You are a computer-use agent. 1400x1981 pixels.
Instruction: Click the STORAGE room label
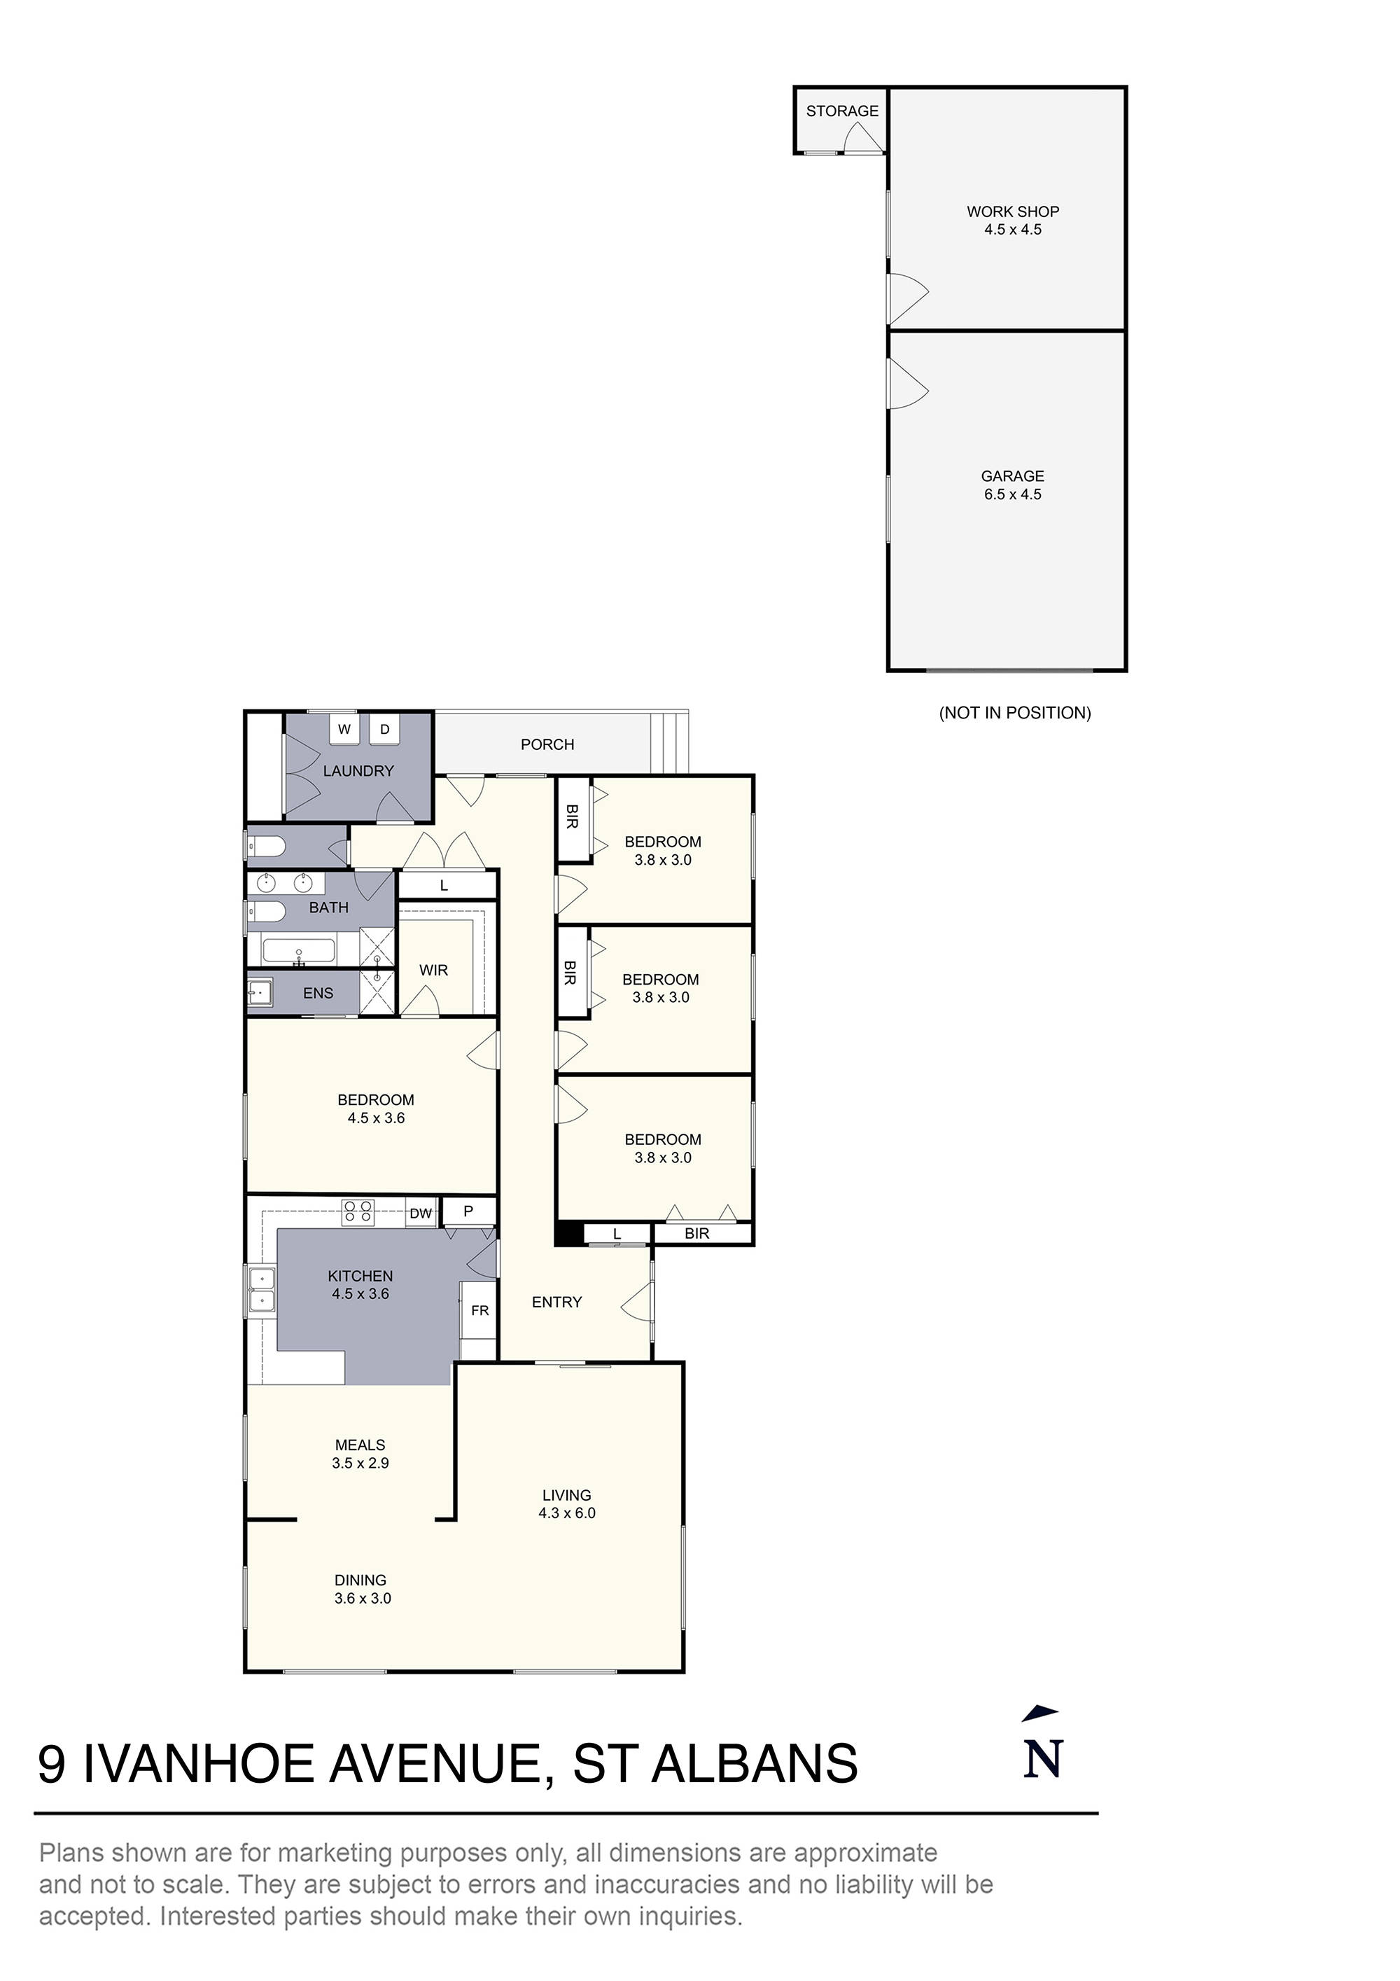pos(842,111)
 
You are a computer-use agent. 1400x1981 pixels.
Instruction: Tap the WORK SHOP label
pos(1013,211)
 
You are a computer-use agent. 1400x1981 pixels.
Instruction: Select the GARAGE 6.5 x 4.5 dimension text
pos(1013,494)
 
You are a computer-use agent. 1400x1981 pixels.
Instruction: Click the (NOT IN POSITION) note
pos(1014,713)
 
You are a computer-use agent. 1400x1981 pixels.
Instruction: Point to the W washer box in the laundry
pos(344,729)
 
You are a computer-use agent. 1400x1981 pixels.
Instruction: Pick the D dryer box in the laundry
pos(385,729)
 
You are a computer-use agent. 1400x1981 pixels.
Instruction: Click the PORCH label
pos(547,744)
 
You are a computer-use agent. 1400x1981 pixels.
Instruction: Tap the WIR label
pos(434,971)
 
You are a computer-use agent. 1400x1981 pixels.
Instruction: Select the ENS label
pos(317,993)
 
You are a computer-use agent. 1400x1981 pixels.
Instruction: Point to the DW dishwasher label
pos(421,1214)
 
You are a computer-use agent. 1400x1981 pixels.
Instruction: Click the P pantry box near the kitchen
pos(468,1211)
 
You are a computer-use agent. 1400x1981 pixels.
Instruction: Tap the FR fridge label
pos(479,1311)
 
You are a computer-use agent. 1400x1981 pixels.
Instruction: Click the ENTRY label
pos(556,1302)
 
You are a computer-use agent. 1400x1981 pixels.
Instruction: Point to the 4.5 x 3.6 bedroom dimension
pos(376,1118)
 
